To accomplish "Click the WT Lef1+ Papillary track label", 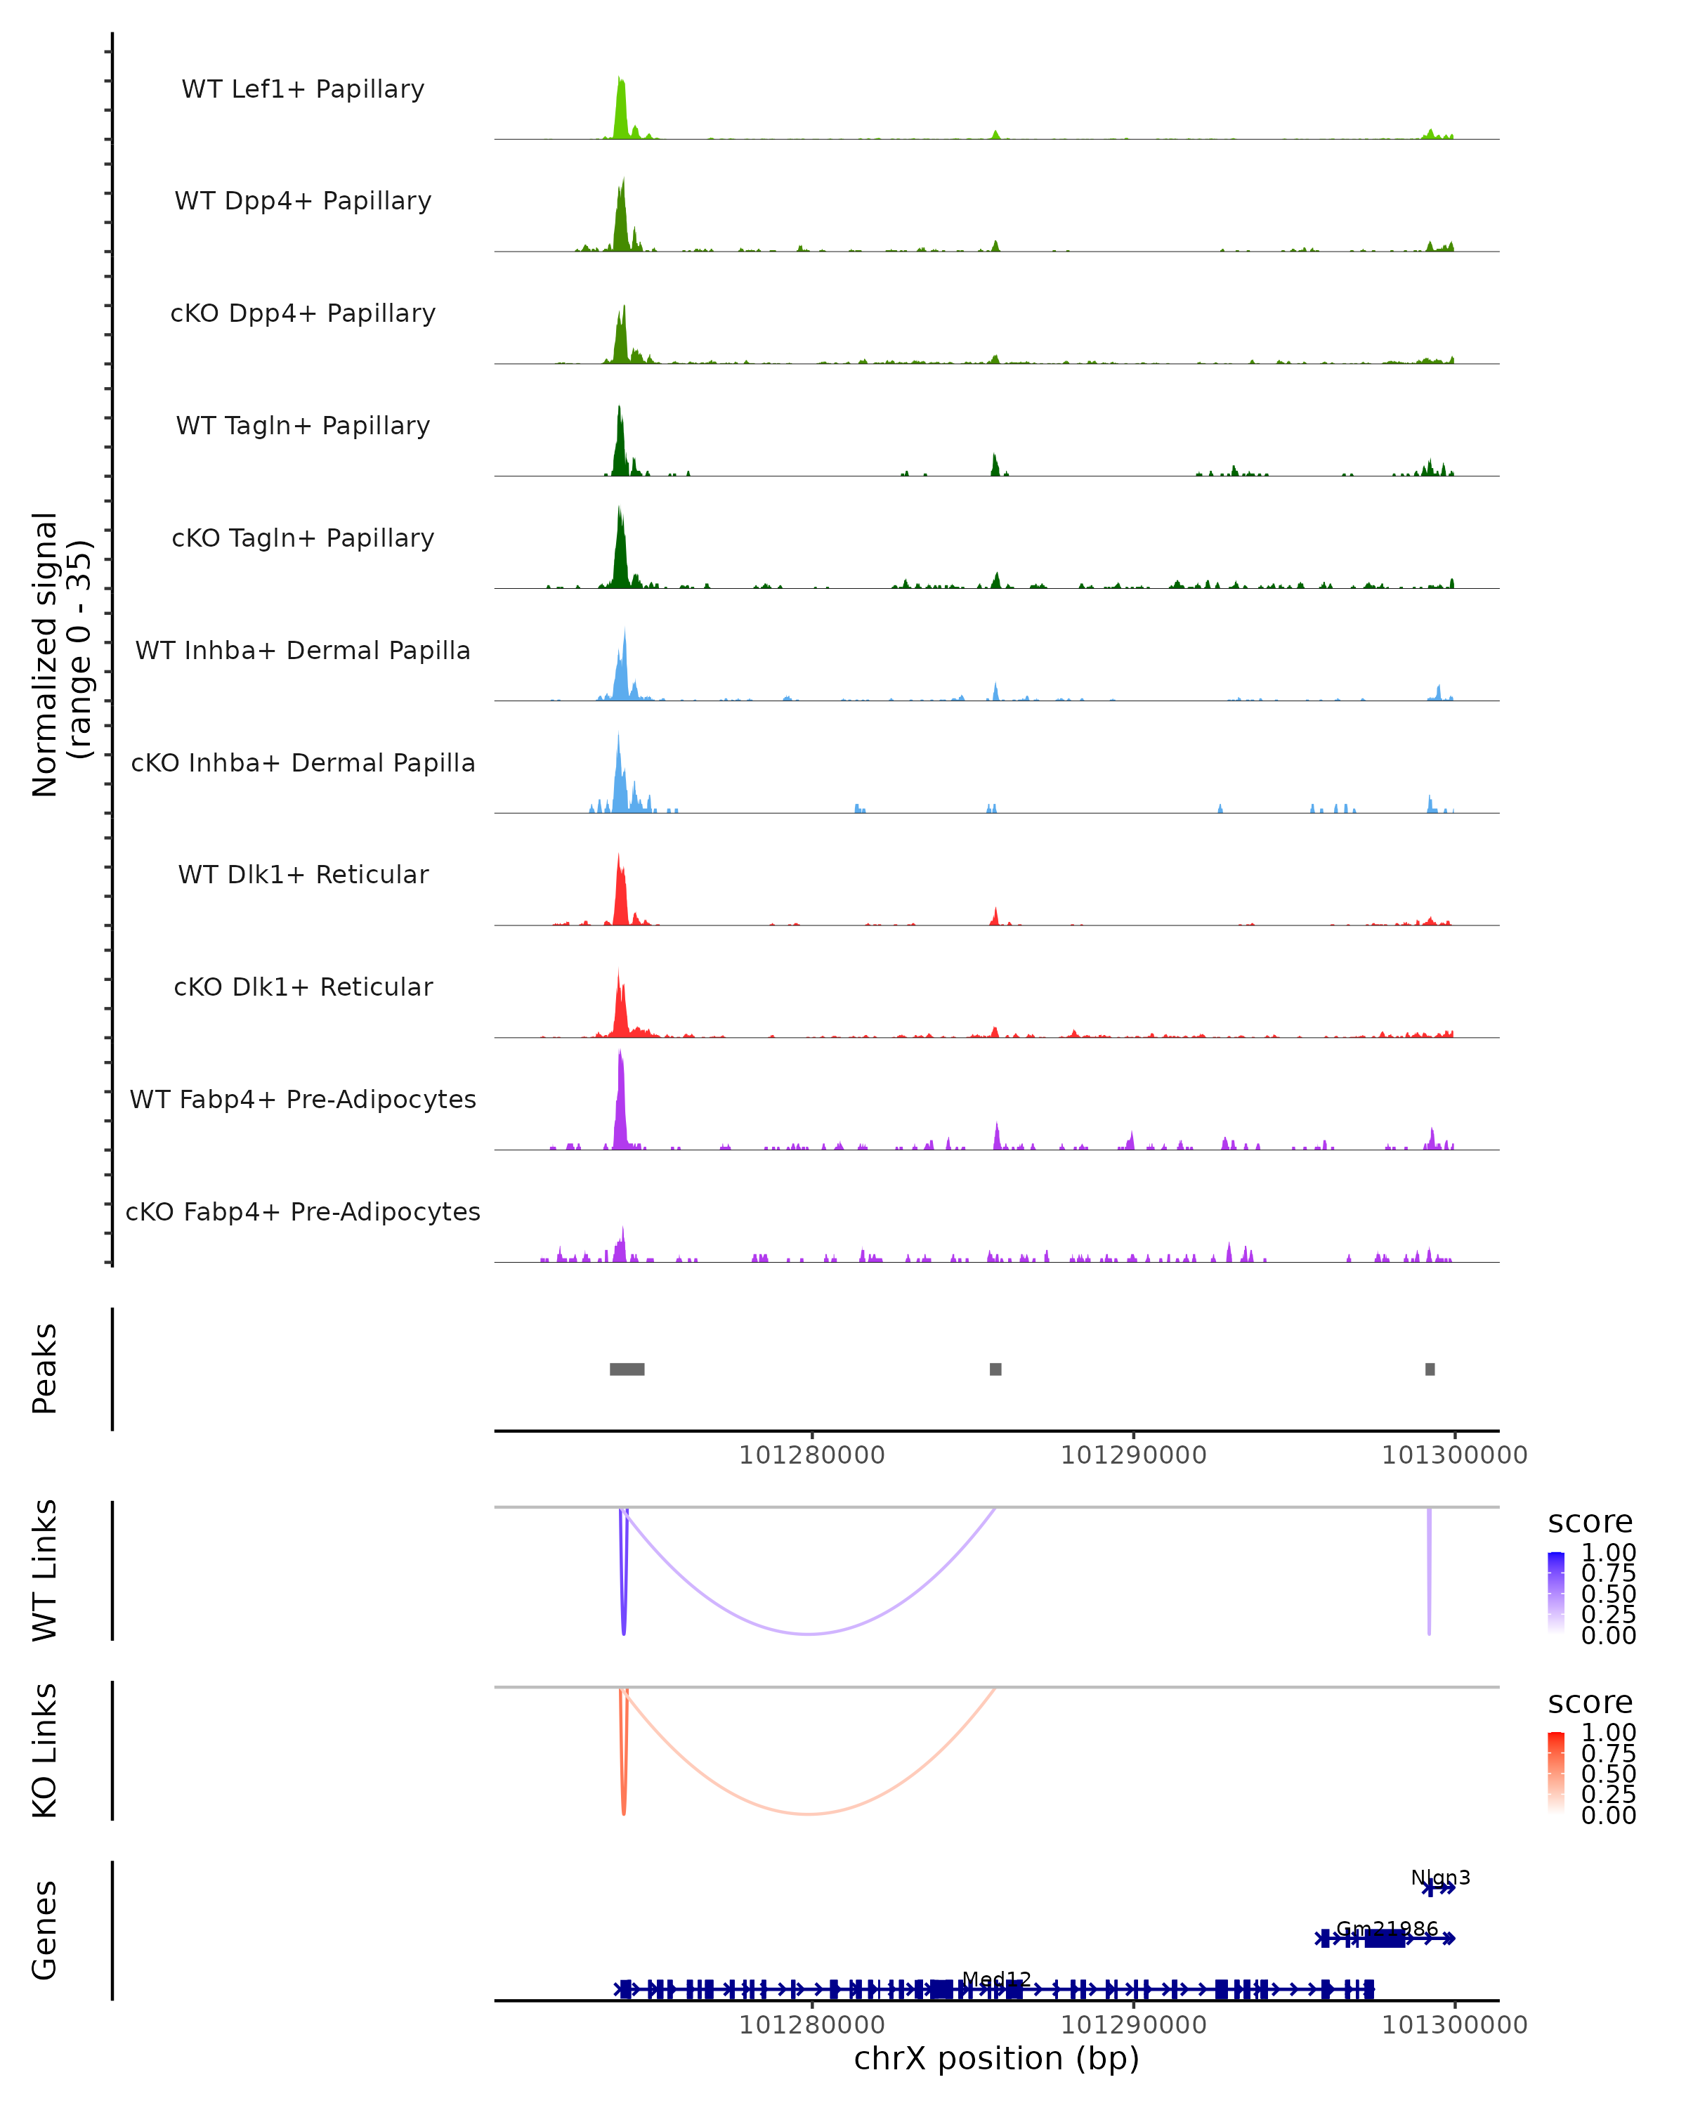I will [x=303, y=89].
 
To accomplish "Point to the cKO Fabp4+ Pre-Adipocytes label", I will [x=303, y=1211].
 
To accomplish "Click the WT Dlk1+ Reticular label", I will [x=303, y=874].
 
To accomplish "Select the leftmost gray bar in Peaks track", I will [x=627, y=1369].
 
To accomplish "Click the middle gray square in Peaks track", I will [x=995, y=1369].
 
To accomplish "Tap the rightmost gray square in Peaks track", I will [x=1430, y=1369].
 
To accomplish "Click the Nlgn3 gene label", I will [x=1439, y=1878].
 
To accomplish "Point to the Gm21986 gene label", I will [x=1387, y=1929].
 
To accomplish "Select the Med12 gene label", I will [x=996, y=1979].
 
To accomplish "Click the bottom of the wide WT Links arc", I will [x=809, y=1634].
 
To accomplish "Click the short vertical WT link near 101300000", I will [x=1429, y=1574].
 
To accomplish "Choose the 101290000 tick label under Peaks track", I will [x=1133, y=1455].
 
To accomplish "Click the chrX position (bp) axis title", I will [x=996, y=2058].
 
